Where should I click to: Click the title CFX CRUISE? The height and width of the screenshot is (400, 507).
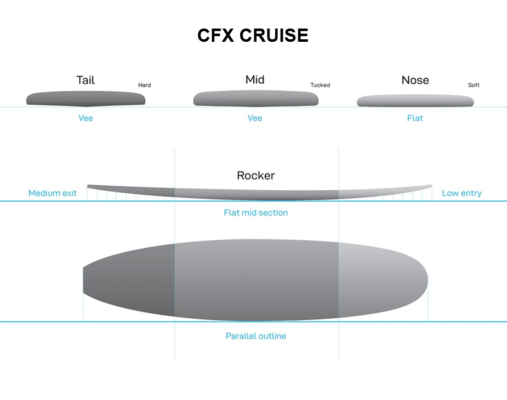click(253, 35)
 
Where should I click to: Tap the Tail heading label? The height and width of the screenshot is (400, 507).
click(86, 80)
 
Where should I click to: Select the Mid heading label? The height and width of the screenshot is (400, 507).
click(255, 79)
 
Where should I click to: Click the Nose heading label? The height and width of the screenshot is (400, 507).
click(415, 80)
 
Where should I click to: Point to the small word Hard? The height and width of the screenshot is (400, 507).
click(144, 85)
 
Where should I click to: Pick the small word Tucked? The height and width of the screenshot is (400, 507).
click(320, 85)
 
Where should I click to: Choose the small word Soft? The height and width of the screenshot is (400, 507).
click(473, 85)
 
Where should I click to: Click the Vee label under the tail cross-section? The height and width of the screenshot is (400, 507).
click(86, 118)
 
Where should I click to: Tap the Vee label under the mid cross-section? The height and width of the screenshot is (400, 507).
click(255, 118)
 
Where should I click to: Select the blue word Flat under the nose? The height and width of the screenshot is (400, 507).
click(415, 118)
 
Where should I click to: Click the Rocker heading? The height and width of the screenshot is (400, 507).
click(256, 175)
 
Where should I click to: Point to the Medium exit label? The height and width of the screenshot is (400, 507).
click(53, 193)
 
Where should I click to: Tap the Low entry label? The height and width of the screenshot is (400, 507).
click(462, 193)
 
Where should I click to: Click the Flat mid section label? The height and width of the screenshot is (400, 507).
click(256, 212)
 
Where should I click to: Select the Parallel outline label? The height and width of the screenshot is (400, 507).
click(256, 336)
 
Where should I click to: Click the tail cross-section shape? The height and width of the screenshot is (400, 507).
click(86, 99)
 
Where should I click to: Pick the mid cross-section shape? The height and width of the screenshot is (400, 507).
click(256, 98)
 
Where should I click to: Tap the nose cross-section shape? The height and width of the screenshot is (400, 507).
click(415, 101)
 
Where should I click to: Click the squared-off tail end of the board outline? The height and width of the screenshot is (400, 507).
click(84, 280)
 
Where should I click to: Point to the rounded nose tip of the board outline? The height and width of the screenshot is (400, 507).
click(427, 280)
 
